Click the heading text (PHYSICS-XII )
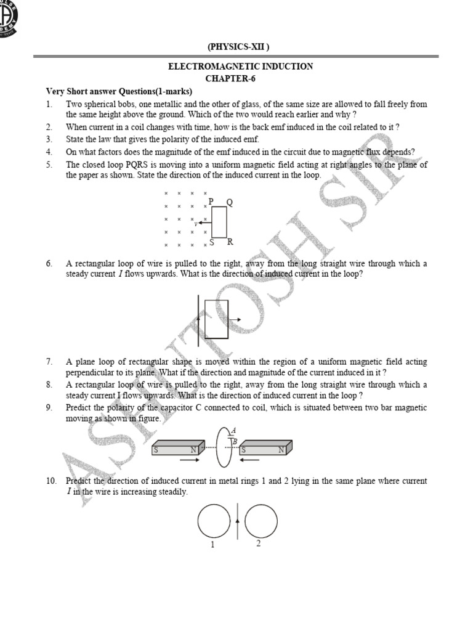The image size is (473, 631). tap(238, 47)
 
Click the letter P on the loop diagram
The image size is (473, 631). tap(211, 202)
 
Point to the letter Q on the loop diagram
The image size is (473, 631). tap(230, 202)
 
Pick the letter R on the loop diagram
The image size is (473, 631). tap(230, 242)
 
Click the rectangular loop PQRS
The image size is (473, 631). tap(219, 222)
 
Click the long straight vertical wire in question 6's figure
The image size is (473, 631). tap(198, 320)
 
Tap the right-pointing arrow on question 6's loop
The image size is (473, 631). tap(234, 320)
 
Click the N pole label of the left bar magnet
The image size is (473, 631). tap(193, 450)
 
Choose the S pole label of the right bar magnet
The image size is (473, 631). tap(244, 450)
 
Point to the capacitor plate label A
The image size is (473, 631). tap(233, 431)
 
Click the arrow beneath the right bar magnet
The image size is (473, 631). tap(250, 460)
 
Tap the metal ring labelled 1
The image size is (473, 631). tap(214, 521)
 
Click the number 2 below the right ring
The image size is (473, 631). tap(258, 543)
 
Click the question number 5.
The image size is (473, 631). tap(49, 165)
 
